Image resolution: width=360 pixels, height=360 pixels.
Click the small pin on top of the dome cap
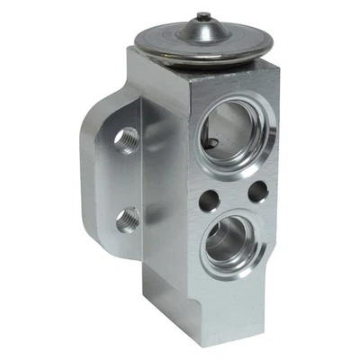(x=206, y=17)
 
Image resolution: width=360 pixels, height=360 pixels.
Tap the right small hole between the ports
(x=257, y=191)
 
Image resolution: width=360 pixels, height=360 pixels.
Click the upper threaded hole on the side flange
(x=127, y=140)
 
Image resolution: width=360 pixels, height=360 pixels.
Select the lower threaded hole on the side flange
(x=127, y=218)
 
